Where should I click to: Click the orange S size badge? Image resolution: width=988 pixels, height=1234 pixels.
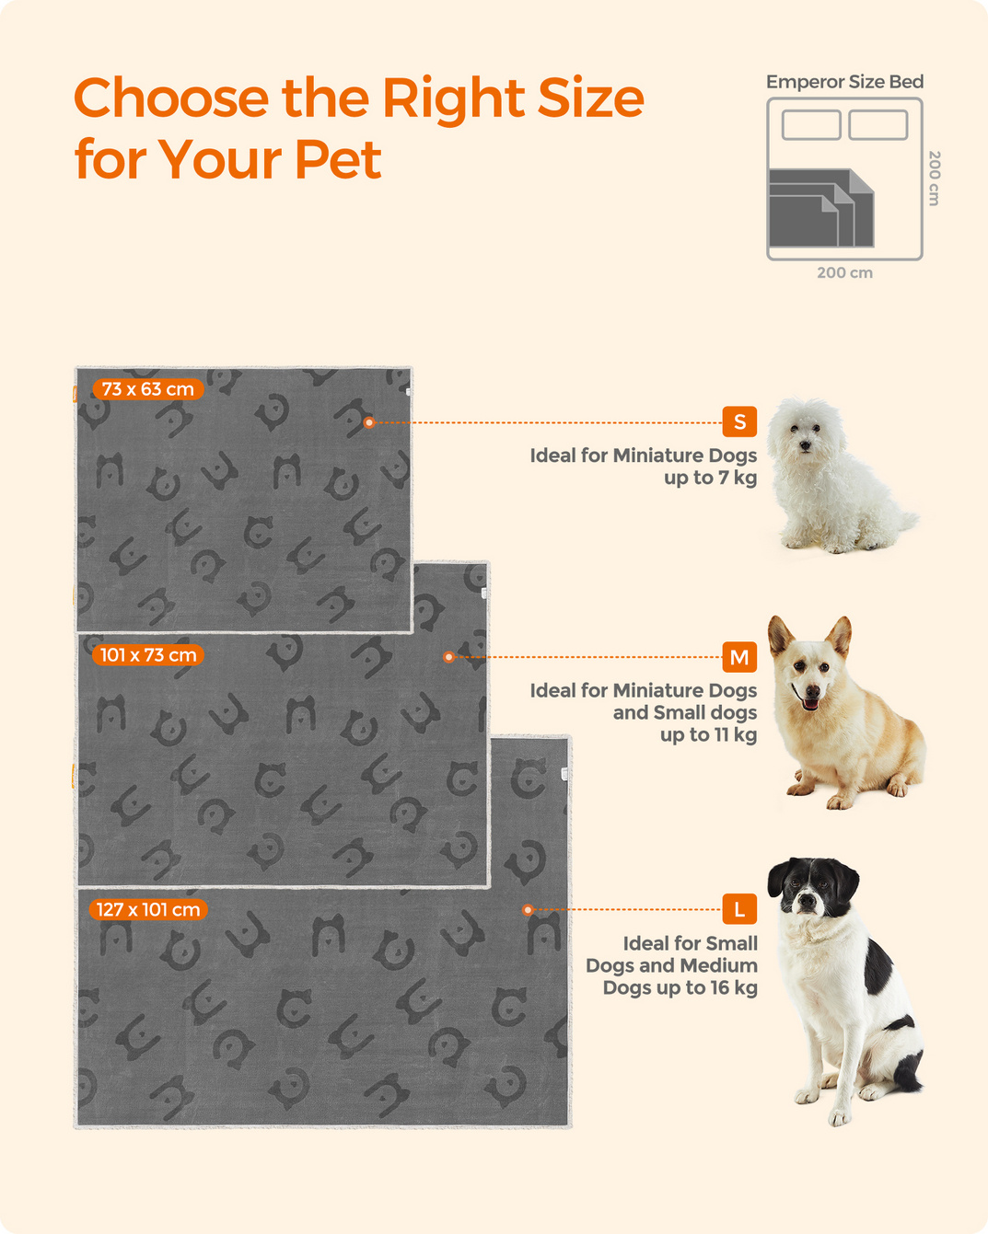[x=739, y=422]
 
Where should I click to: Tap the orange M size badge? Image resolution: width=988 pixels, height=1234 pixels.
[x=739, y=657]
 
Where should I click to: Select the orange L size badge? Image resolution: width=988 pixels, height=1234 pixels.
[x=739, y=909]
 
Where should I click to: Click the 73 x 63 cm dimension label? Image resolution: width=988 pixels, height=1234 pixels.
[x=148, y=389]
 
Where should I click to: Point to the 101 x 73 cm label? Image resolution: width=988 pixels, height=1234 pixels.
[x=148, y=655]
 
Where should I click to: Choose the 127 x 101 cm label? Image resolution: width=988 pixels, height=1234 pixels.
[x=148, y=909]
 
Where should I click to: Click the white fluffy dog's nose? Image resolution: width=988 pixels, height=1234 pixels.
[x=805, y=445]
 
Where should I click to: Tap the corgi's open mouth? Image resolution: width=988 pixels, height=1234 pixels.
[x=810, y=703]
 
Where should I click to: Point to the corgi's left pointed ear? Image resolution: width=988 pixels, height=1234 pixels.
[x=780, y=635]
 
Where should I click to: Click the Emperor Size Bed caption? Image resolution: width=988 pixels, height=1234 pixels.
[x=844, y=82]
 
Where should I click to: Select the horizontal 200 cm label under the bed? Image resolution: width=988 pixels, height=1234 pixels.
[x=844, y=273]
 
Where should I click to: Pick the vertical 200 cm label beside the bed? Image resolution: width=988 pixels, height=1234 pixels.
[x=934, y=179]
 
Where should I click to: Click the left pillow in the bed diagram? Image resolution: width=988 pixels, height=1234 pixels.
[x=811, y=125]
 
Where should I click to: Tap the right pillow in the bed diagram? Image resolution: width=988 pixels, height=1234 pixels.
[x=878, y=125]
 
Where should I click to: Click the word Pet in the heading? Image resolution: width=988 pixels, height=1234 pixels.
[x=338, y=159]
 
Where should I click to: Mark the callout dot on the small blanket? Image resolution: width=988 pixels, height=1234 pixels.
[x=369, y=422]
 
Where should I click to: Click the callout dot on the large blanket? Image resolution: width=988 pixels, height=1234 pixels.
[x=528, y=909]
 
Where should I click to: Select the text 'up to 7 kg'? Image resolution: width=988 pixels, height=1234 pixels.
[x=710, y=478]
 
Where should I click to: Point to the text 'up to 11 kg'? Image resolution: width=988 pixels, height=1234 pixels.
[x=709, y=734]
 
